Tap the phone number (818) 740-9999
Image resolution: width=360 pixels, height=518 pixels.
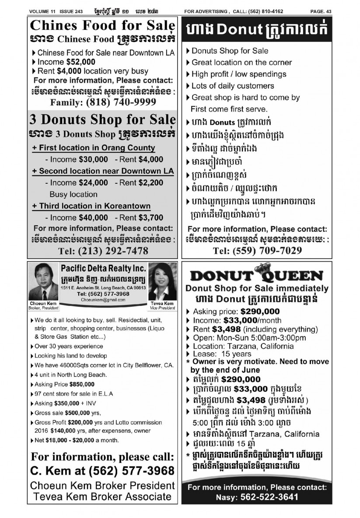click(x=121, y=102)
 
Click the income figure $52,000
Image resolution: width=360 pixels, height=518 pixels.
click(x=80, y=62)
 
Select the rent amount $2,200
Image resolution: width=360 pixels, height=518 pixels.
click(x=151, y=182)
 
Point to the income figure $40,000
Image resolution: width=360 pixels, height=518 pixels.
click(x=93, y=217)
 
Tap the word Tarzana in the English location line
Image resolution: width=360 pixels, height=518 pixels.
click(x=238, y=346)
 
